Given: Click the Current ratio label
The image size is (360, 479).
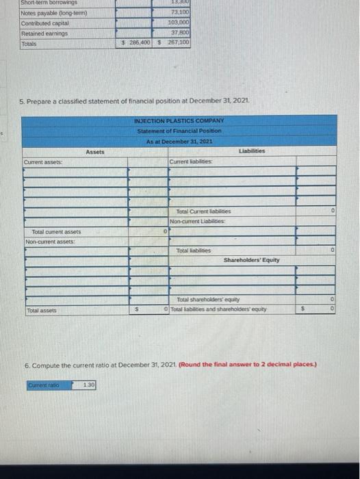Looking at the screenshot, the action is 42,385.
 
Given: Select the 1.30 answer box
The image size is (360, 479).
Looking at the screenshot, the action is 89,385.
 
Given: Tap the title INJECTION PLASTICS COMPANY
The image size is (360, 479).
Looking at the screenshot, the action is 179,122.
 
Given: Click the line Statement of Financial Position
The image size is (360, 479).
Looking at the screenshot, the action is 179,131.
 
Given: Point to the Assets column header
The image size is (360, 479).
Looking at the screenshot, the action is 96,151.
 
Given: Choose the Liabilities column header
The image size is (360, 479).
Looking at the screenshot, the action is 253,151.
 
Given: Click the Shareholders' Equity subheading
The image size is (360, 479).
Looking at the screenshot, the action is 250,260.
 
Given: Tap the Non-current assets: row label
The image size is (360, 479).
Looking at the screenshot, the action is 49,241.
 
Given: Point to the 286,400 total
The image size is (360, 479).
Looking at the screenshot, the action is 135,41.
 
